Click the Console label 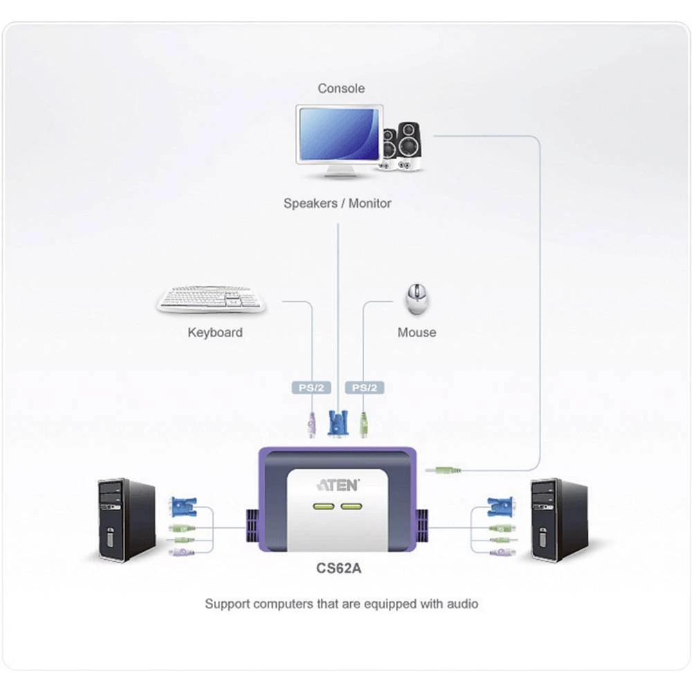coord(340,89)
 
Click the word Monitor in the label coord(370,203)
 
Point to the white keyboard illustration coord(211,299)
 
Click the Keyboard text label coord(215,333)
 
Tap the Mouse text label coord(417,333)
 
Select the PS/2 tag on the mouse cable coord(364,388)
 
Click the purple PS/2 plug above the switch coord(311,423)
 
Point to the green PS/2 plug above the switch coord(363,423)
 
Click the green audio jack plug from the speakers coord(444,470)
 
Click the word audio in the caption coord(461,604)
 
